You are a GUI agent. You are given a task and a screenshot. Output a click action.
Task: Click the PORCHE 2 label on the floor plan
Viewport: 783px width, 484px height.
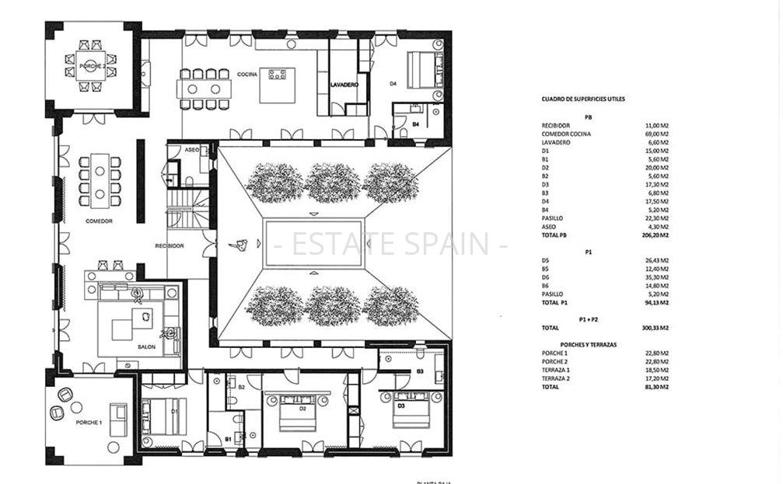click(x=93, y=67)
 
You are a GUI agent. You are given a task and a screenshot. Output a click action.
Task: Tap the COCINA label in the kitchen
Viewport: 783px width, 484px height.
click(x=248, y=74)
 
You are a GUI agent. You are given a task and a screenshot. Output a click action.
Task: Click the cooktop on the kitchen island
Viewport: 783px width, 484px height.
click(x=278, y=75)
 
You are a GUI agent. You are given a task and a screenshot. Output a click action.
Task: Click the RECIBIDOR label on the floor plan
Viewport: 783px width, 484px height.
click(x=170, y=245)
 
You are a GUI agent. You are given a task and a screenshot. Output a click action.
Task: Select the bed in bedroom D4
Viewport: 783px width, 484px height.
click(x=421, y=69)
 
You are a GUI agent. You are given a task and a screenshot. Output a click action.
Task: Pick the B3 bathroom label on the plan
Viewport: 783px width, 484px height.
click(x=419, y=372)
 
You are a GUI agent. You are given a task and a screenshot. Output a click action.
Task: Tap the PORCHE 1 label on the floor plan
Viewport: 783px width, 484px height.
click(x=88, y=423)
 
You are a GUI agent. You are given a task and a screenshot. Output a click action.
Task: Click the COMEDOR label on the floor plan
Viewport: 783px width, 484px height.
click(x=99, y=221)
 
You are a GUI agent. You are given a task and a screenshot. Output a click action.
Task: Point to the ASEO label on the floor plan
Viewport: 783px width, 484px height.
click(x=192, y=149)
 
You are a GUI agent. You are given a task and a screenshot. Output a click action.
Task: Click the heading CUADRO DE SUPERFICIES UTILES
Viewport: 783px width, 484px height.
click(x=582, y=99)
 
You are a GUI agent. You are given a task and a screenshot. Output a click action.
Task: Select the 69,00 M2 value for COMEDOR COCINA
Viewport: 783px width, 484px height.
click(x=656, y=134)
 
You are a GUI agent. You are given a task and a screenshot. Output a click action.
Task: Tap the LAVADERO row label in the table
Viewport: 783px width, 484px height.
click(x=556, y=142)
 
